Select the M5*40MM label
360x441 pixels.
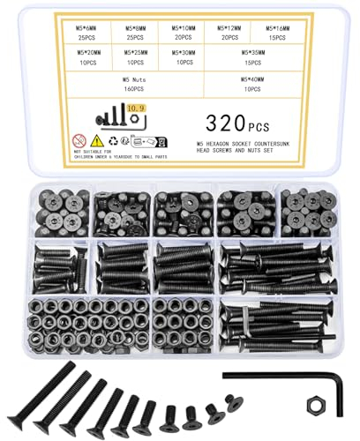click(257, 79)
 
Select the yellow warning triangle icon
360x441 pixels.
click(98, 138)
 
